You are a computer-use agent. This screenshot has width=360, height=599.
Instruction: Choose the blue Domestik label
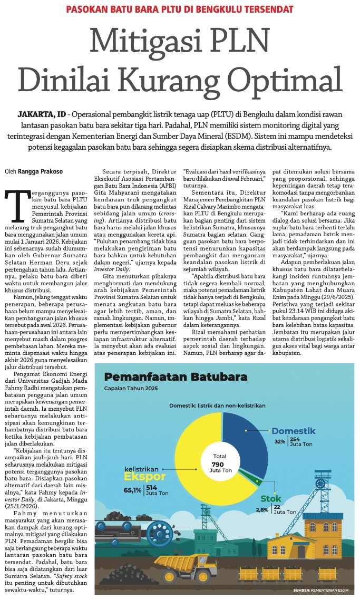pyautogui.click(x=294, y=431)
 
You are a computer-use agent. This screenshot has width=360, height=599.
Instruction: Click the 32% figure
pyautogui.click(x=280, y=441)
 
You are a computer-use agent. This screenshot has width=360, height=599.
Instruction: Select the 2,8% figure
pyautogui.click(x=262, y=509)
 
